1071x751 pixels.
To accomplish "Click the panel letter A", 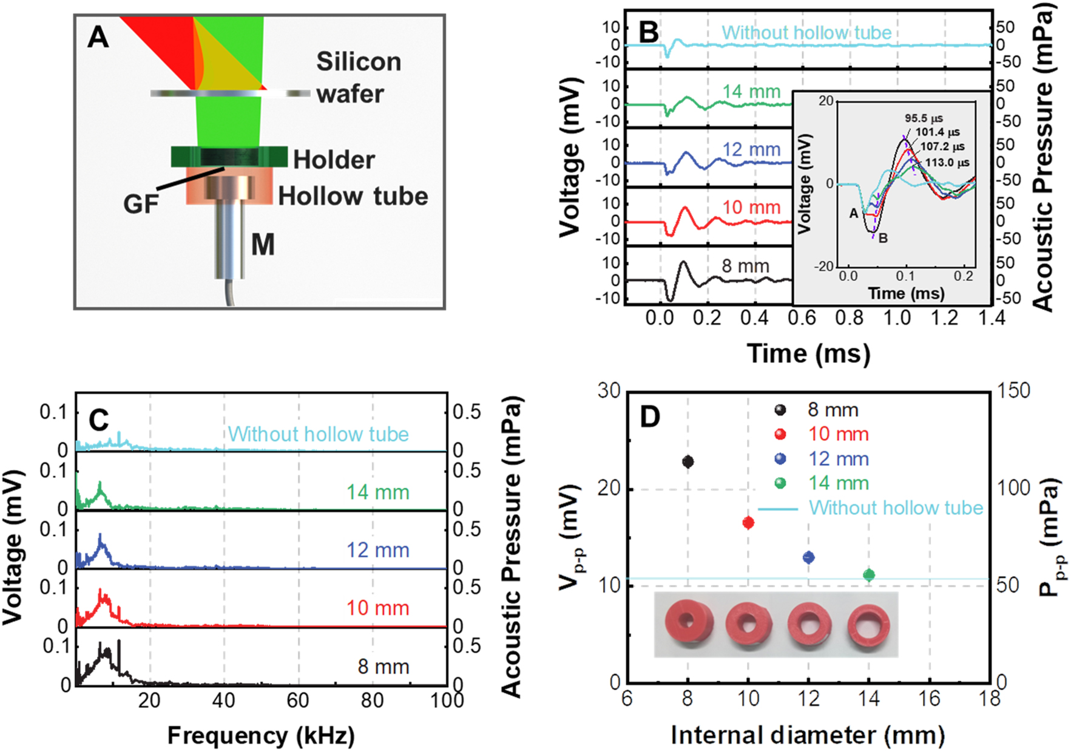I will (x=98, y=38).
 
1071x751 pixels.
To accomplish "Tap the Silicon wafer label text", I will (x=351, y=78).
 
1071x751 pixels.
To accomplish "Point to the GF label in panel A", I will (x=141, y=204).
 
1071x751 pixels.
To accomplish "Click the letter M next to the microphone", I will (x=263, y=245).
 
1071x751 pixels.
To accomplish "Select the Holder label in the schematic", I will (x=334, y=160).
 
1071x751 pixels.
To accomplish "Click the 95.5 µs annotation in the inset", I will (x=924, y=118).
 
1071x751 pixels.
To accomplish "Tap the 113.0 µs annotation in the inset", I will (x=947, y=163).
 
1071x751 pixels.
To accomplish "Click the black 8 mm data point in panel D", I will (x=688, y=462).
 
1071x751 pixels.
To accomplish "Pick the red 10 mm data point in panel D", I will (x=748, y=523).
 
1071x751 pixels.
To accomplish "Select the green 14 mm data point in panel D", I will (x=869, y=574).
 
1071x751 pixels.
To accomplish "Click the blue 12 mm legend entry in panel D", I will (x=837, y=459).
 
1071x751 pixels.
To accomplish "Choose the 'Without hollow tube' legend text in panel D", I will (x=896, y=508).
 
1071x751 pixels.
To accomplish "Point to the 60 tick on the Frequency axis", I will (x=298, y=701).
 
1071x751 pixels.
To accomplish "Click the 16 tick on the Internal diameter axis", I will (x=929, y=699).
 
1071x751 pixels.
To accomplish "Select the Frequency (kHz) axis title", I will (x=261, y=735).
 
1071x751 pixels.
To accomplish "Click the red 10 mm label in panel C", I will (x=377, y=608).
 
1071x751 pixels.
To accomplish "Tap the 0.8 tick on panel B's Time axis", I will (x=849, y=318).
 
